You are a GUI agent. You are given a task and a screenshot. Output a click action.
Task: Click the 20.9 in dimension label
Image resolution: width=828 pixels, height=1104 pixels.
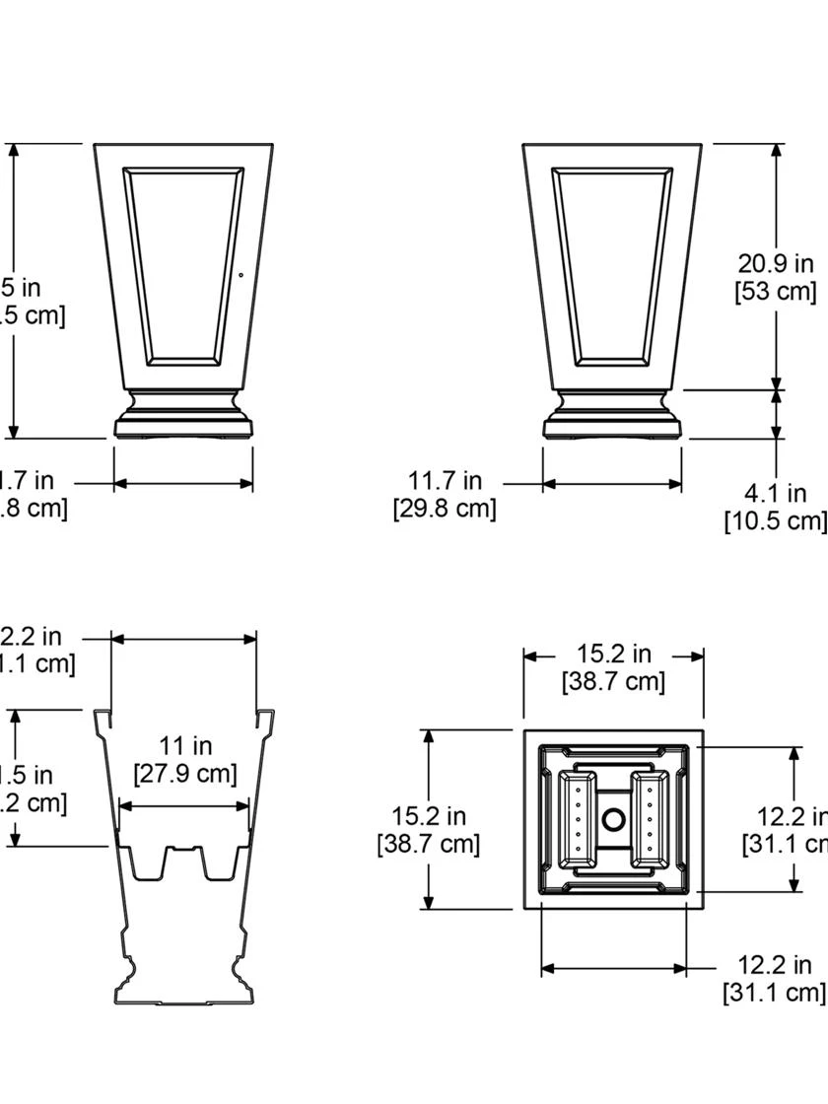(776, 263)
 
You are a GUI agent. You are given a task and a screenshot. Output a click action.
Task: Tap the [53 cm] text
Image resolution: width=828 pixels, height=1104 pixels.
(776, 291)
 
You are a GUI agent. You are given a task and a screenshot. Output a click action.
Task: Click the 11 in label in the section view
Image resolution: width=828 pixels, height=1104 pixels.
(185, 746)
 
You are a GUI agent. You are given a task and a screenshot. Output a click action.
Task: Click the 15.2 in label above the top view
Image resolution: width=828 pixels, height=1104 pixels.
(613, 654)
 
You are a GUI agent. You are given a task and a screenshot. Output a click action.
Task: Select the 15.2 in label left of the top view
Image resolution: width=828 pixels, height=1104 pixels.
(429, 816)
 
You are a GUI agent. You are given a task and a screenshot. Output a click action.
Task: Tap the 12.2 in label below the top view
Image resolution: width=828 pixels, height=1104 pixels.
(775, 964)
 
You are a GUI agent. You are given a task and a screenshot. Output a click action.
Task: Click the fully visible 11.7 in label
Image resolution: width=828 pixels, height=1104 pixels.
(446, 481)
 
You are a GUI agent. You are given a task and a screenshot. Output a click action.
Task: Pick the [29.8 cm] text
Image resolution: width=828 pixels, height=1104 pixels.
(445, 509)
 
